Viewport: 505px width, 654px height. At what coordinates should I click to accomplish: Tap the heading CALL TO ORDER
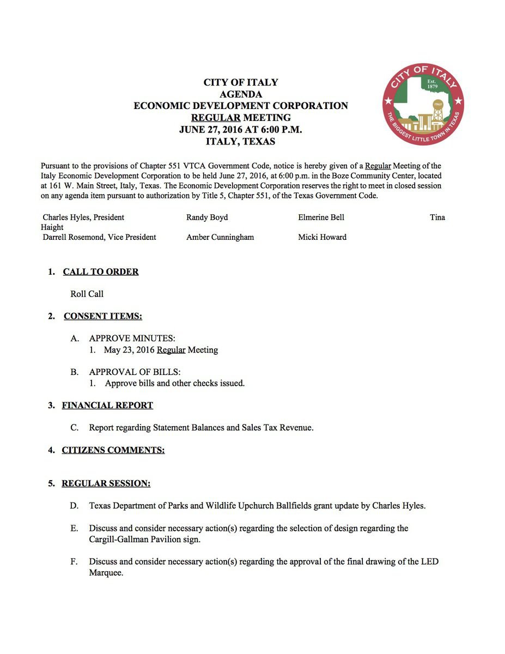point(101,271)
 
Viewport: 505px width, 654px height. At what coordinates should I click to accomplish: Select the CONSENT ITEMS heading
point(103,316)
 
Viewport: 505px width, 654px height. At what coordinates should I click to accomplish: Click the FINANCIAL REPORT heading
point(107,405)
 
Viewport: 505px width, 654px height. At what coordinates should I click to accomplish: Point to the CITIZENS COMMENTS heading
point(113,450)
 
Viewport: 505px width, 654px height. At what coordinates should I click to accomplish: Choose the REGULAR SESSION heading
point(106,483)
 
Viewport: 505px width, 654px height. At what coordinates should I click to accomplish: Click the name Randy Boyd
point(207,217)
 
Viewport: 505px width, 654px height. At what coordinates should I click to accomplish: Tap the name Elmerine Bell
point(321,217)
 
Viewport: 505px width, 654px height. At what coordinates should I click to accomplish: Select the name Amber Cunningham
point(220,237)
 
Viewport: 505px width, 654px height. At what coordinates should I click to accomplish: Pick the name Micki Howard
point(322,237)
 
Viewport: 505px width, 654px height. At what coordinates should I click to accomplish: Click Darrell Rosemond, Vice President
point(100,237)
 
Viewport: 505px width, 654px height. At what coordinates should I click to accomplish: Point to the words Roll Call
point(87,294)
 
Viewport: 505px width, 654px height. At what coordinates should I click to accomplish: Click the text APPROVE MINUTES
point(132,338)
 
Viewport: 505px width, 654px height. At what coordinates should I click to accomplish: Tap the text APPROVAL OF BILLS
point(135,372)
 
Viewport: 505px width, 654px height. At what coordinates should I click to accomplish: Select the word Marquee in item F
point(106,573)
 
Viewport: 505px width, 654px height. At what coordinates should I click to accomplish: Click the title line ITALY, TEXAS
point(240,142)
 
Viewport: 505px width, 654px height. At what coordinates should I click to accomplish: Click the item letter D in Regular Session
point(74,506)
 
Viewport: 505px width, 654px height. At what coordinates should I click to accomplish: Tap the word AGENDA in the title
point(240,94)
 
